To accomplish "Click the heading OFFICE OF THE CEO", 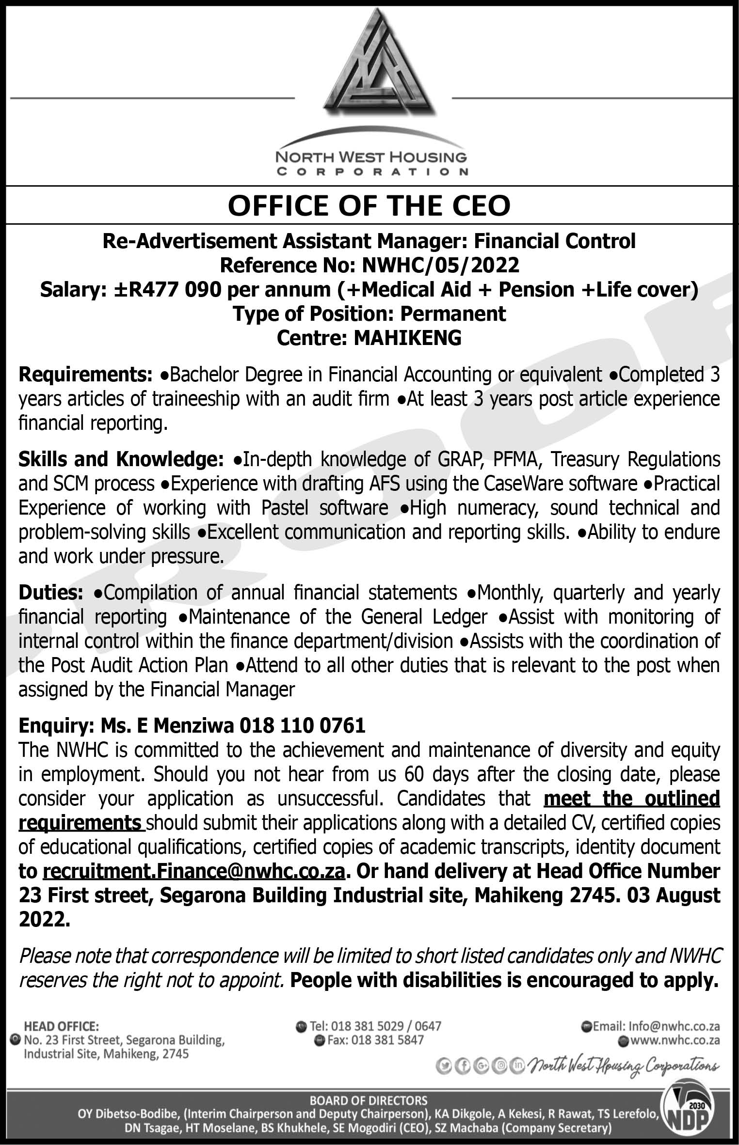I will pyautogui.click(x=369, y=205).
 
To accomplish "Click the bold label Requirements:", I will pyautogui.click(x=85, y=375).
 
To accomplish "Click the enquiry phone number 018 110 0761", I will pyautogui.click(x=302, y=726).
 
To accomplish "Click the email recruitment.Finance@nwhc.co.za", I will pyautogui.click(x=194, y=871).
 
